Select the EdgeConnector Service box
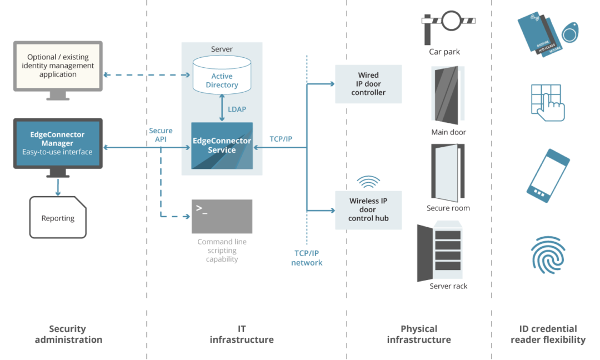coord(222,146)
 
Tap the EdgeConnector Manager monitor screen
coord(58,143)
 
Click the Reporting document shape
coord(58,218)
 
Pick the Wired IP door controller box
coord(368,84)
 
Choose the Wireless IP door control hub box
coord(368,210)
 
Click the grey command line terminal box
coord(222,217)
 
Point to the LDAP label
coord(237,109)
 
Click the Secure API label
coord(161,135)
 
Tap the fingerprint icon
coord(548,254)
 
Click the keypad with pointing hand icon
coord(548,103)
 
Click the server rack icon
coord(439,251)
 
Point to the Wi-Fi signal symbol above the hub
coord(368,182)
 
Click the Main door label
coord(448,132)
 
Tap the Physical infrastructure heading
coord(419,334)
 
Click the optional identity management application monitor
coord(58,67)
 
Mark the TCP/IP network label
coord(307,258)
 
